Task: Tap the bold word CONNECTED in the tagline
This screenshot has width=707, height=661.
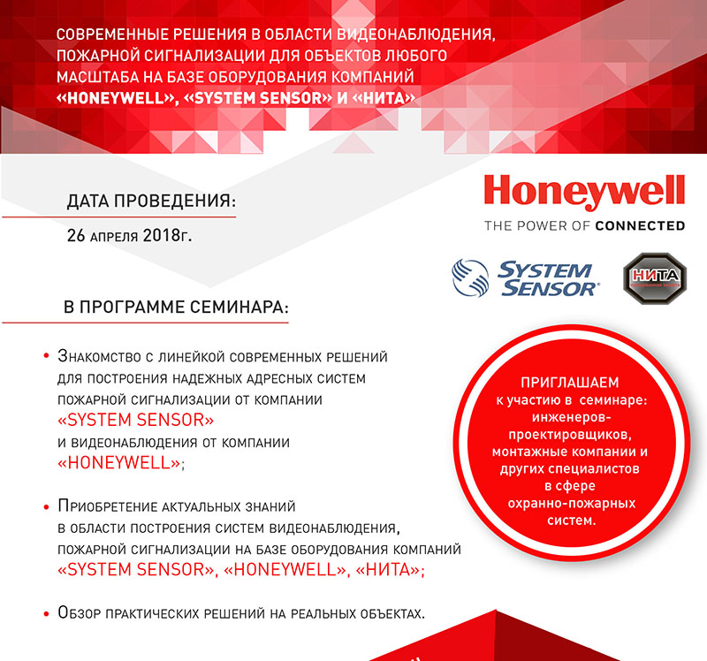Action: (x=640, y=225)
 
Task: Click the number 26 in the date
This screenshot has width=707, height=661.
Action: (x=77, y=237)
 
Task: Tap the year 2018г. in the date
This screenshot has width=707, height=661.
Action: (x=167, y=237)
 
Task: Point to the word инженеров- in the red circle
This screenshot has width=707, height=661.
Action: (x=567, y=416)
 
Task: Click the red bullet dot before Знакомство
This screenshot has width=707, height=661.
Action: (x=45, y=357)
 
